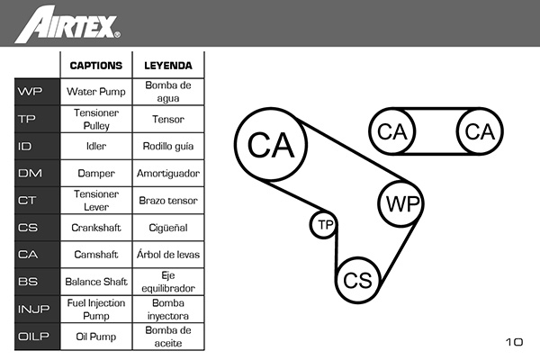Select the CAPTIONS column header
pos(96,66)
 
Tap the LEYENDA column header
pos(168,66)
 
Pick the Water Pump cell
pos(96,92)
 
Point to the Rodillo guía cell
pos(168,146)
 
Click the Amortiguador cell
pos(168,174)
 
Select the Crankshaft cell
pos(96,228)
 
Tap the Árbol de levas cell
pos(168,254)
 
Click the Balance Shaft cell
pos(96,282)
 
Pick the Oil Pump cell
pos(96,337)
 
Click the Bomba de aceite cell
pos(168,337)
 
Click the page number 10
pos(514,342)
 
